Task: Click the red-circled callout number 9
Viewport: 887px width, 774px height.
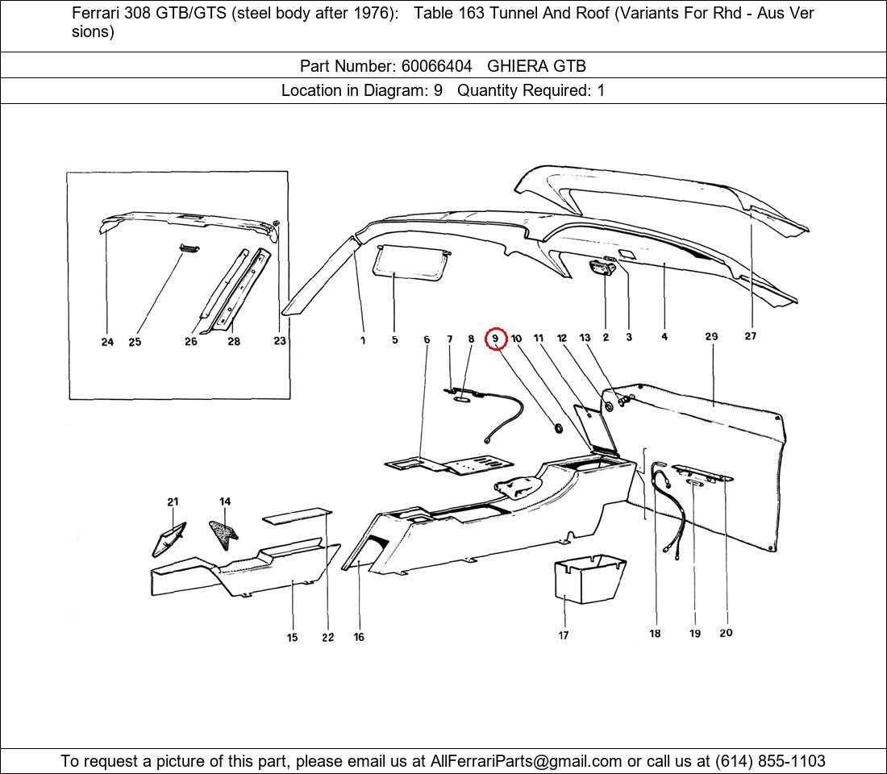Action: pos(495,339)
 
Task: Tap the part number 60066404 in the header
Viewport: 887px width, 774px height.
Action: pos(436,66)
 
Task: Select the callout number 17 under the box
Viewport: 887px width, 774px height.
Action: pos(564,635)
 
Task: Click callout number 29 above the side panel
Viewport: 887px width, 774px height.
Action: pos(711,337)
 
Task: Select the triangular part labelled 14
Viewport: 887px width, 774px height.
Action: pos(223,531)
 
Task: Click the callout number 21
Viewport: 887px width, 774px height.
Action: pos(173,502)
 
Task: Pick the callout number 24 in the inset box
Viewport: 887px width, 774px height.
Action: pos(107,342)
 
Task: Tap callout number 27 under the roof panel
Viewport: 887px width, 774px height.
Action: pos(750,336)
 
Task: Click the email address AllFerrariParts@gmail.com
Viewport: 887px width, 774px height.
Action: pos(526,761)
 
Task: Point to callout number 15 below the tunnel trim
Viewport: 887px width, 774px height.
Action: pos(292,638)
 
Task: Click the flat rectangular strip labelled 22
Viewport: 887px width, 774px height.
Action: pos(298,514)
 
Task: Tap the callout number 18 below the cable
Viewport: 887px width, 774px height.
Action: pos(655,634)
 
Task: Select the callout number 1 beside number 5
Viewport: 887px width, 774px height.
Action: pos(363,340)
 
